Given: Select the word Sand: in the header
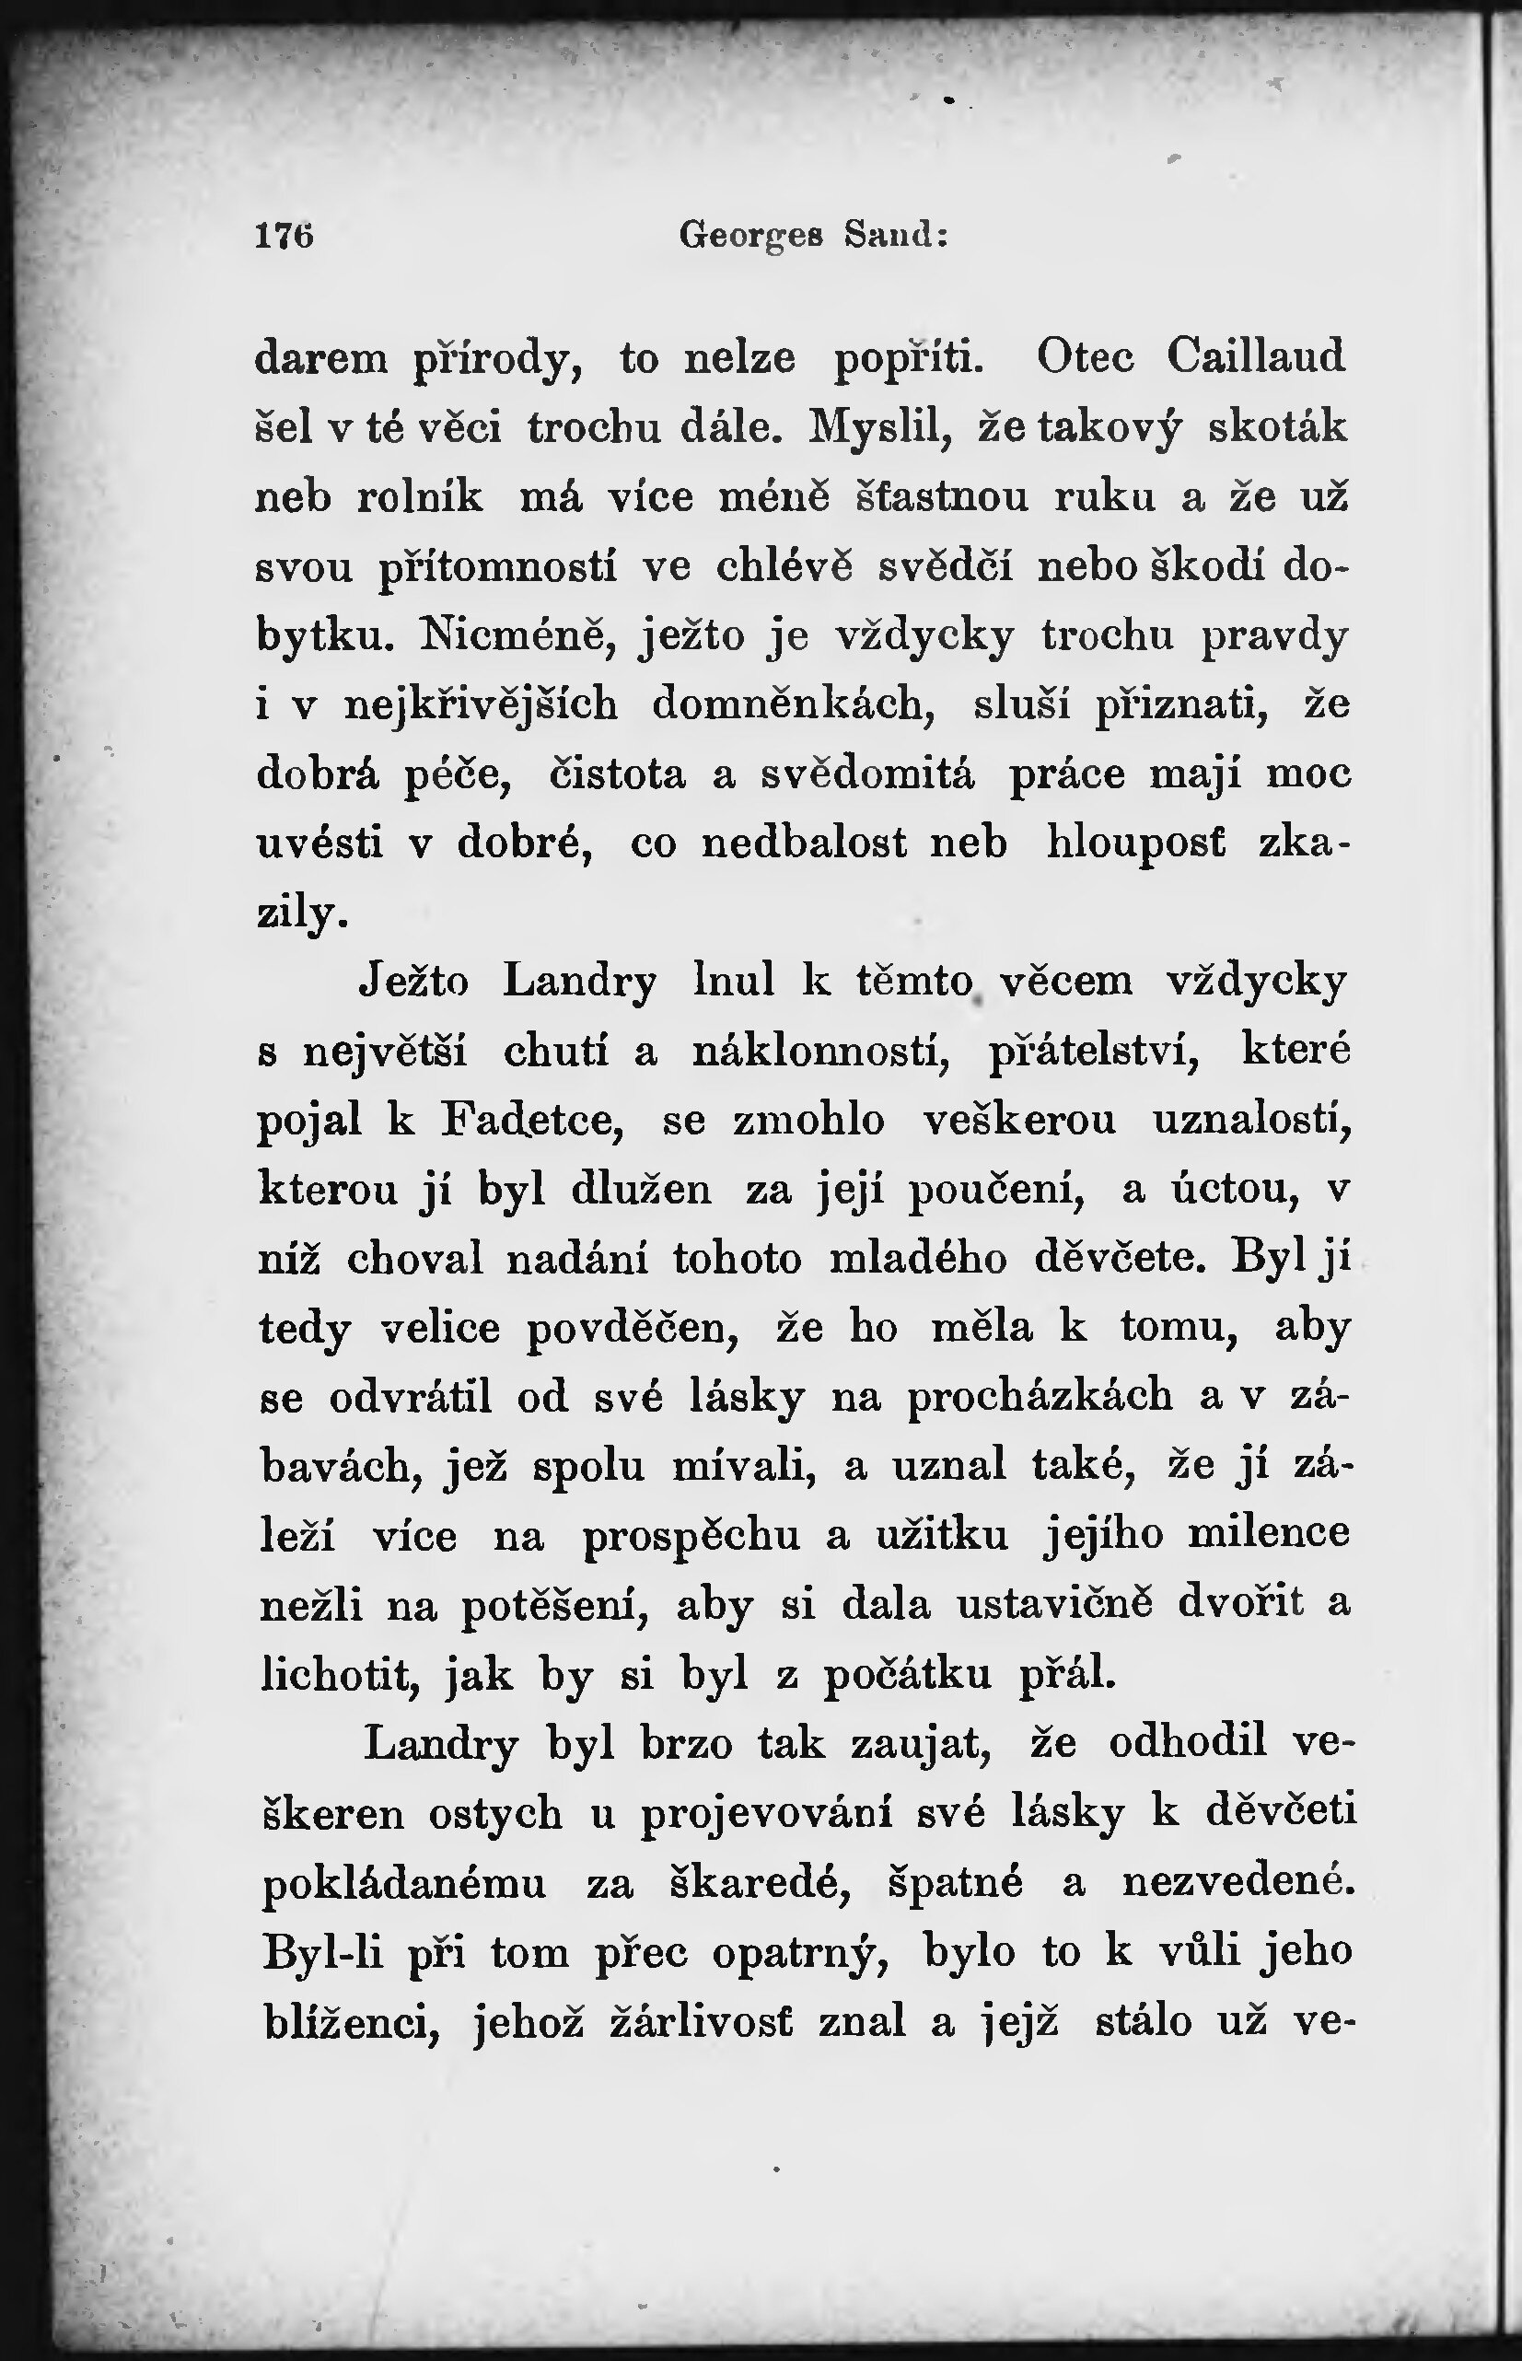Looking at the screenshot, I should [x=897, y=235].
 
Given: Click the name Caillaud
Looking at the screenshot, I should [x=1255, y=355].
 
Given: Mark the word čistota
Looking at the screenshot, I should [x=618, y=773].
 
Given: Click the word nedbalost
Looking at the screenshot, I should [x=804, y=842].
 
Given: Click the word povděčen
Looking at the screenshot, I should [x=633, y=1328].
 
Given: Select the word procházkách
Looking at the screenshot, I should [x=1040, y=1398].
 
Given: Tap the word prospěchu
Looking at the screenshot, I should [x=691, y=1536].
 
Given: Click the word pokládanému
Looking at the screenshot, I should [x=404, y=1884].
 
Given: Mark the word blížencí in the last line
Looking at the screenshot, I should [x=351, y=2022].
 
